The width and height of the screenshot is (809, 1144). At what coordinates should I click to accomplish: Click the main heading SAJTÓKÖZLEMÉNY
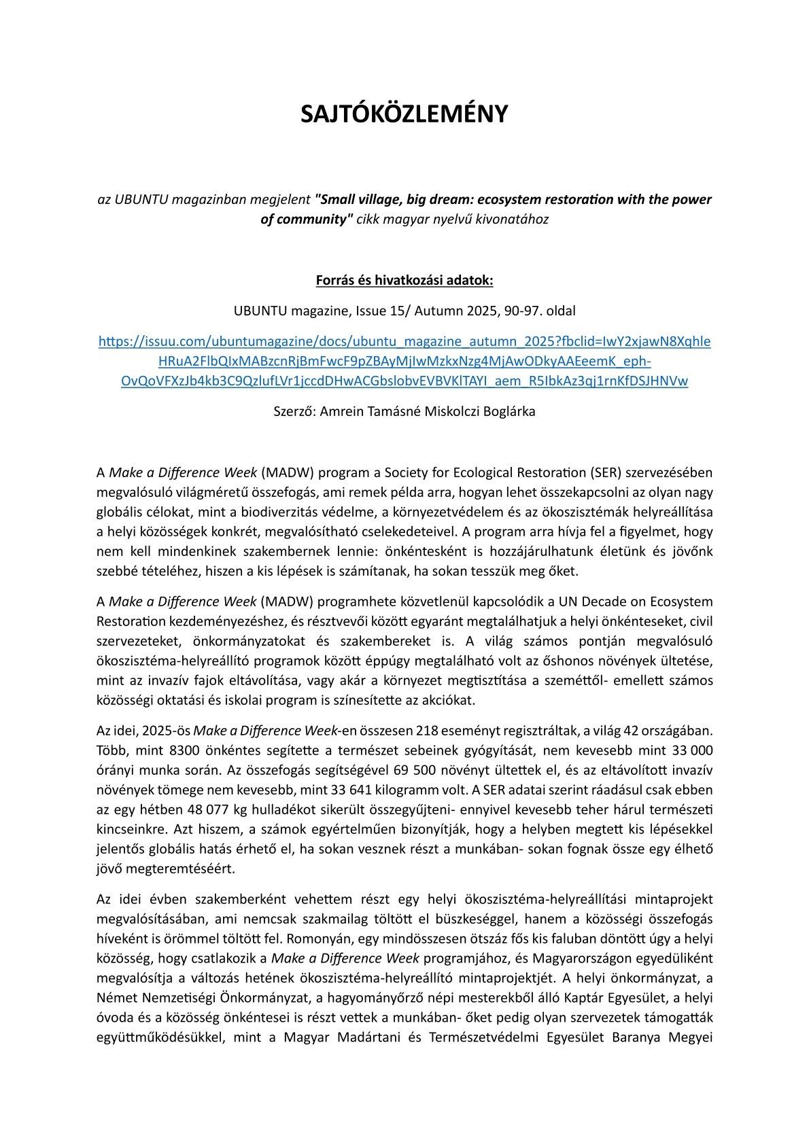click(404, 114)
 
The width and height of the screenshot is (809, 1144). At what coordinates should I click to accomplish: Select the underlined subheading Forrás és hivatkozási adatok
click(404, 280)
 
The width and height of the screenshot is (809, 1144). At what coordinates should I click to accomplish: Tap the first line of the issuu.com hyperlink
click(404, 341)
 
